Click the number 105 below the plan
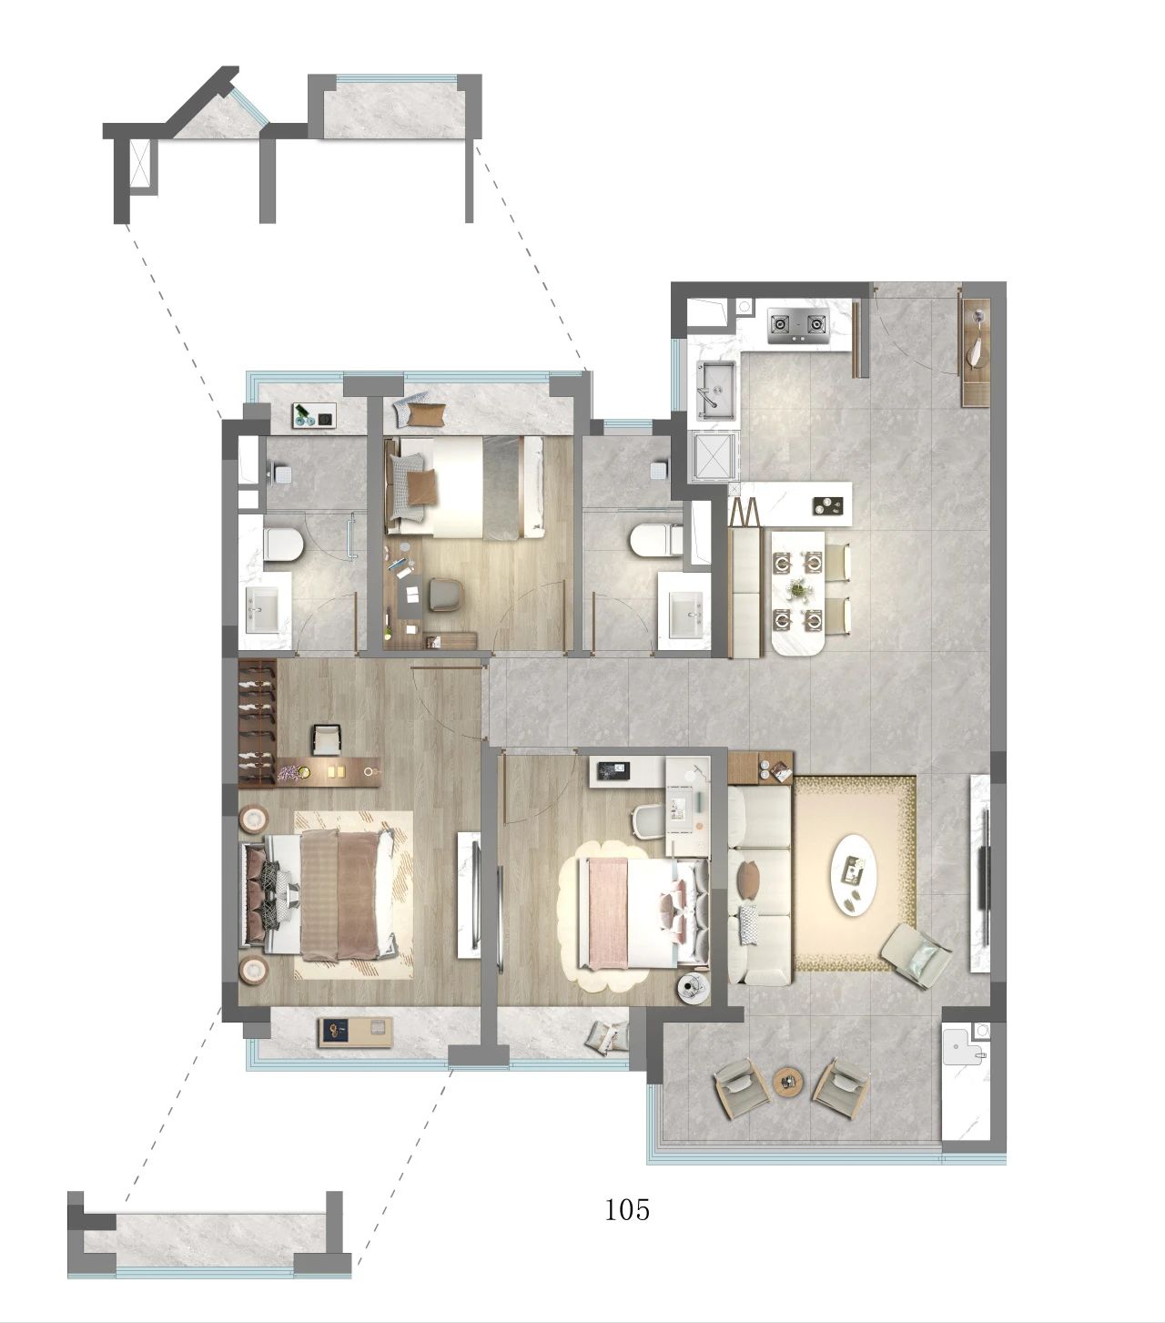[x=626, y=1210]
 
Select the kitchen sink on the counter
[x=716, y=388]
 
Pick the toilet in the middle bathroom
[x=655, y=540]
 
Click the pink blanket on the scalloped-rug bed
[x=608, y=913]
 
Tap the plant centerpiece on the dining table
[x=797, y=590]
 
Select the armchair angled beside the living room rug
[x=916, y=956]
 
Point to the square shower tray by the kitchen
[x=714, y=456]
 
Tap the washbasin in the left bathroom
[x=262, y=610]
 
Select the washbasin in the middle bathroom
[x=686, y=616]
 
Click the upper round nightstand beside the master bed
[x=253, y=819]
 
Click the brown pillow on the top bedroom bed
[x=420, y=487]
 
